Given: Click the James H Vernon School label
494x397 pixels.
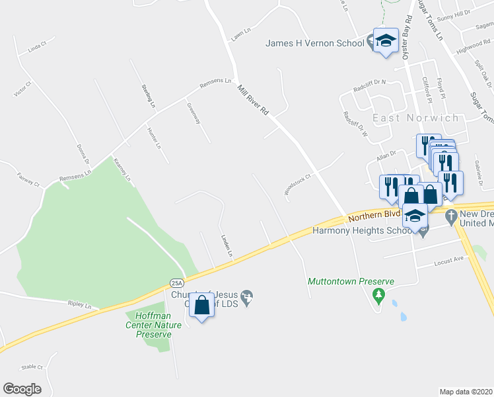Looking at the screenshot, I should pos(314,44).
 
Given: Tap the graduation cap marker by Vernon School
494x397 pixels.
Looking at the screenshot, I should pos(386,41).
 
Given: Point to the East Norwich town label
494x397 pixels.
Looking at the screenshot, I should pos(415,118).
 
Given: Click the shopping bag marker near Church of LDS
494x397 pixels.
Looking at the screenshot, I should pos(202,306).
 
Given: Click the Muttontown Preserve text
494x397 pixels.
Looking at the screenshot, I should pos(351,281).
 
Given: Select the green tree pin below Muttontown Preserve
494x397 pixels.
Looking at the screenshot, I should pos(378,294).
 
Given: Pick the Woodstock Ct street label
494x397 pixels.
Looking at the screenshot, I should pos(297,185).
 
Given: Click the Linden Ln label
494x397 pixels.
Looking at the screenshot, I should pos(226,245).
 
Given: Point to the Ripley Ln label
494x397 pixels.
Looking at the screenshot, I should pos(79,305).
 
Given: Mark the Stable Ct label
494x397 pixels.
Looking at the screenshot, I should pos(32,367).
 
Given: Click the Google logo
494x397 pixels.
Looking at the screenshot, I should pos(22,389).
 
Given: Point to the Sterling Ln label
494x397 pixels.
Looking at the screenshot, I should pos(147,96).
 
